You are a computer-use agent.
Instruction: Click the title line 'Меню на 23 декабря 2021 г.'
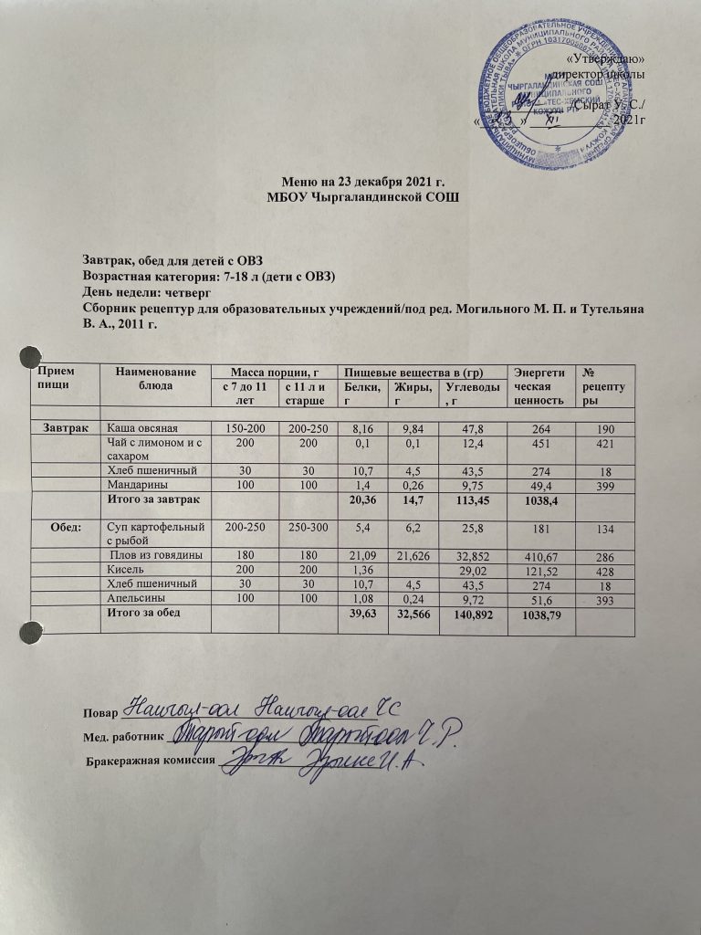pyautogui.click(x=350, y=184)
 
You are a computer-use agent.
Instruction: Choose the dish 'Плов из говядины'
pyautogui.click(x=155, y=557)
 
